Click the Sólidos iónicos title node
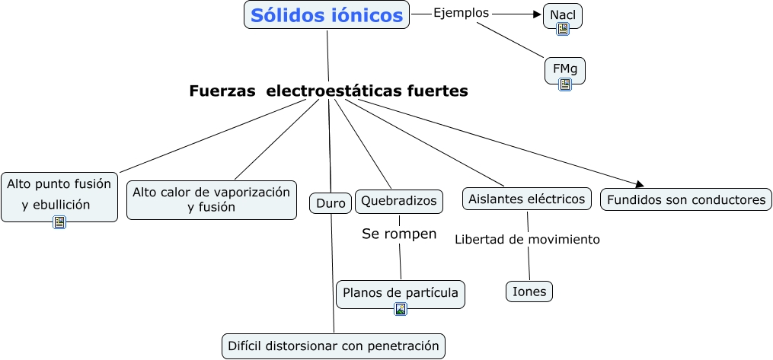click(x=327, y=15)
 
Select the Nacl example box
click(x=562, y=13)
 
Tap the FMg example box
click(x=564, y=68)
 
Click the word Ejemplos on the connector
click(x=461, y=13)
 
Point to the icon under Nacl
click(x=563, y=29)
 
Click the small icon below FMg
click(x=565, y=84)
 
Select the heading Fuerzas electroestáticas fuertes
click(x=328, y=91)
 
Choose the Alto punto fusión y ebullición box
click(x=59, y=194)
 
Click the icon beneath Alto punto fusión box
click(x=59, y=222)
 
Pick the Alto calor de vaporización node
click(x=211, y=199)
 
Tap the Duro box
click(x=331, y=203)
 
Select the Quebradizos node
click(x=399, y=201)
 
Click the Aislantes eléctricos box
click(x=527, y=199)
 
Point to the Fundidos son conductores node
click(x=685, y=200)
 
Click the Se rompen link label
click(x=399, y=234)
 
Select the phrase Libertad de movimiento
click(x=527, y=240)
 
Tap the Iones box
click(x=529, y=292)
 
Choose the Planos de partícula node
click(x=401, y=292)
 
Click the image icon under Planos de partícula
click(x=401, y=309)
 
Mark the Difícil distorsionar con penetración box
click(x=333, y=346)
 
